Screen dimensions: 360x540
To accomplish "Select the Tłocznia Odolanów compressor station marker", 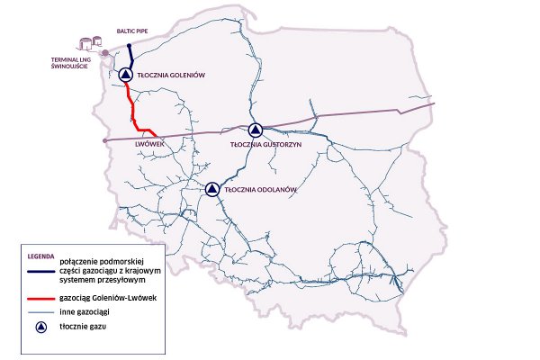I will pyautogui.click(x=212, y=188).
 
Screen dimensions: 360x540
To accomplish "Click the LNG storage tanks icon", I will pyautogui.click(x=90, y=43).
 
